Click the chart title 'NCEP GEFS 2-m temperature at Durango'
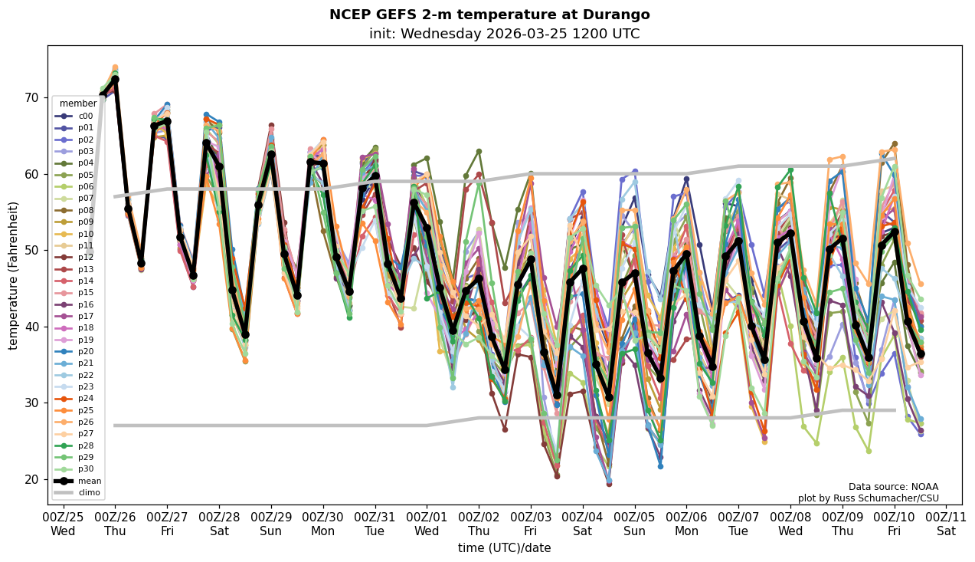pos(489,15)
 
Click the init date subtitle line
pos(504,34)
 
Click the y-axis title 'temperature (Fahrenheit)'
pos(14,275)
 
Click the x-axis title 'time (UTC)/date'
pos(504,548)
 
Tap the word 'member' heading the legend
pos(78,104)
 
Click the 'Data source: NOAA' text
pos(893,487)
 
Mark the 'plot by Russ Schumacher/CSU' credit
pos(868,498)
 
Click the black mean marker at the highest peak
pos(115,79)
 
